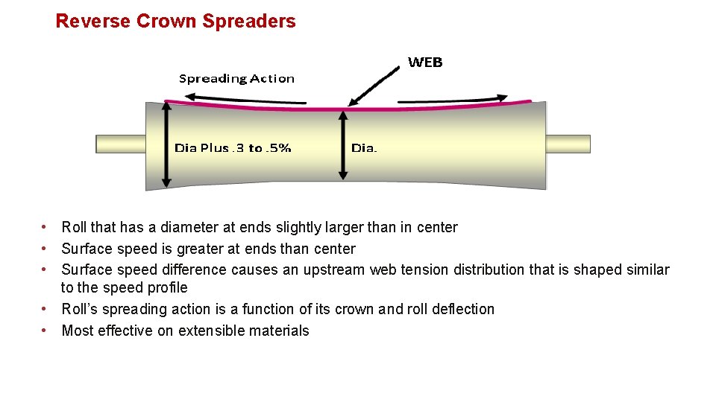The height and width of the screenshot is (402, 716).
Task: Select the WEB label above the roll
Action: [425, 63]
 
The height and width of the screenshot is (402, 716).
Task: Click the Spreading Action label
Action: [236, 78]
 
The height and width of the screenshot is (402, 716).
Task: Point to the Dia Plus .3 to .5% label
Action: [233, 147]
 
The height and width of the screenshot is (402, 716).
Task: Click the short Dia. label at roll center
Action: [364, 147]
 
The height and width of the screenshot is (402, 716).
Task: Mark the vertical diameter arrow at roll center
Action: [343, 145]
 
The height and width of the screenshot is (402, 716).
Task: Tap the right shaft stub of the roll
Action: [568, 144]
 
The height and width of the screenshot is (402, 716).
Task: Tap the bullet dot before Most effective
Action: [45, 330]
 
